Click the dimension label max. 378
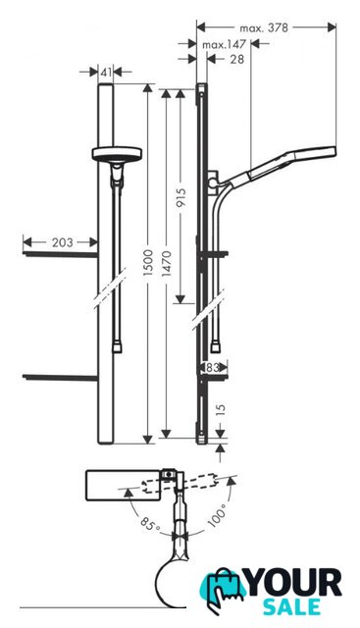click(x=264, y=28)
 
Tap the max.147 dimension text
click(x=224, y=45)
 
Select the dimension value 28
click(x=237, y=59)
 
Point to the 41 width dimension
click(x=106, y=73)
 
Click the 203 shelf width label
click(x=63, y=242)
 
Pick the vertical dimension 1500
click(x=148, y=262)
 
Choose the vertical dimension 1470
click(x=167, y=263)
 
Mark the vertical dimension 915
click(x=180, y=198)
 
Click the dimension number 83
click(x=213, y=367)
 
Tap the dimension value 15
click(x=221, y=410)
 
